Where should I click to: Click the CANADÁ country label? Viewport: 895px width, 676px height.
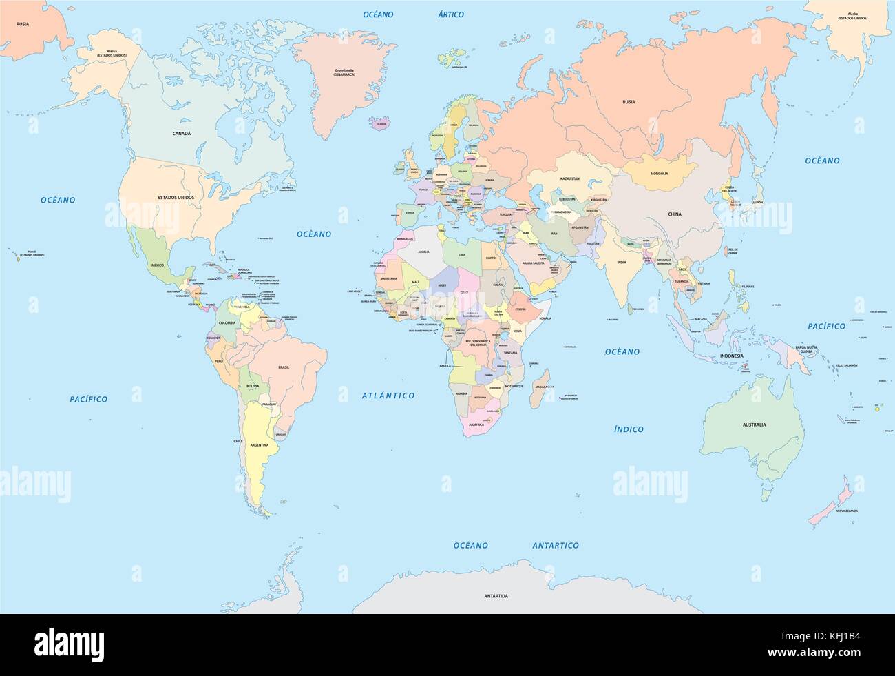[182, 133]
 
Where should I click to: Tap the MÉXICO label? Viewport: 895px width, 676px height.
[158, 265]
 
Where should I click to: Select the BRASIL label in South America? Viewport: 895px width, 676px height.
[284, 368]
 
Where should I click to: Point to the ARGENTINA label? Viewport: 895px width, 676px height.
[259, 446]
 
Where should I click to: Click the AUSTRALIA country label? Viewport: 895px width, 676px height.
[754, 424]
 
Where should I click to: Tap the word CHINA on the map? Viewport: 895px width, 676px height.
[674, 214]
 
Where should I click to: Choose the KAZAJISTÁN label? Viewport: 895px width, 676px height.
[570, 178]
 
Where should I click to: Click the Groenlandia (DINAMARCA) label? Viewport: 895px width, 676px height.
[344, 91]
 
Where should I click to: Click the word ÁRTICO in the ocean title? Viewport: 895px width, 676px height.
[451, 14]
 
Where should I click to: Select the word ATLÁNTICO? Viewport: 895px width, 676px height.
[388, 396]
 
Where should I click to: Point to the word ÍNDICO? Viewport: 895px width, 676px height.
[629, 429]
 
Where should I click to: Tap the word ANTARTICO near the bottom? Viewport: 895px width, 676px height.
[556, 545]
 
